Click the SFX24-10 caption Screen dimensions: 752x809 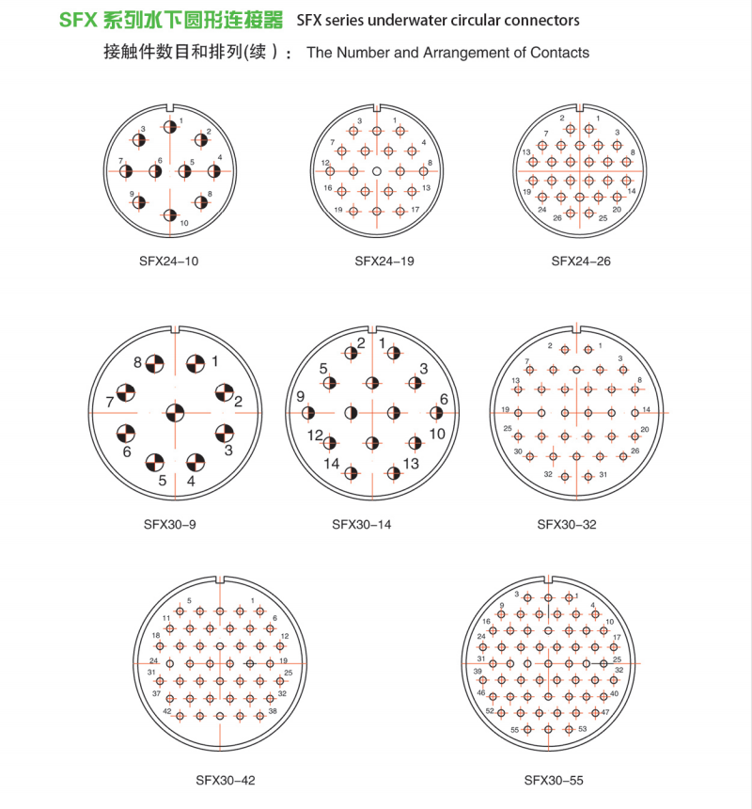click(168, 262)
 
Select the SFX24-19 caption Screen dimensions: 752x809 click(384, 262)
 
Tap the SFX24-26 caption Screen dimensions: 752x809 click(581, 262)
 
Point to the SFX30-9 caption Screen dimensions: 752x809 click(169, 525)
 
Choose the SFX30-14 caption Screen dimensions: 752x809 click(361, 525)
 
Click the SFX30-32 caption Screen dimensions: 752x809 click(567, 525)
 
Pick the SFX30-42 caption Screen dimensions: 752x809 click(226, 780)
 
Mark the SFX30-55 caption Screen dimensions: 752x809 click(554, 780)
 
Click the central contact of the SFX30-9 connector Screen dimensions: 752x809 click(175, 413)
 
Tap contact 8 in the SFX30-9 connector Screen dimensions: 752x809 click(154, 364)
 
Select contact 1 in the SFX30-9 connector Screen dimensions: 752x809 click(196, 364)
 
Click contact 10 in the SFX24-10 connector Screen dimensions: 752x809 click(170, 215)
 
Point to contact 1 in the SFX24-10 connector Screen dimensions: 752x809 click(170, 126)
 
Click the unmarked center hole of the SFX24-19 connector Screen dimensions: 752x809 click(377, 171)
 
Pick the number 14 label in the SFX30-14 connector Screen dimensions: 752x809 click(332, 464)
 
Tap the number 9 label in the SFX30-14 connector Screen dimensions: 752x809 click(301, 396)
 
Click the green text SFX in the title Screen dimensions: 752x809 click(78, 20)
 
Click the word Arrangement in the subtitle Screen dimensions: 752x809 click(473, 53)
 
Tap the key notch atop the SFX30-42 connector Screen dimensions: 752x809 click(220, 579)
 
